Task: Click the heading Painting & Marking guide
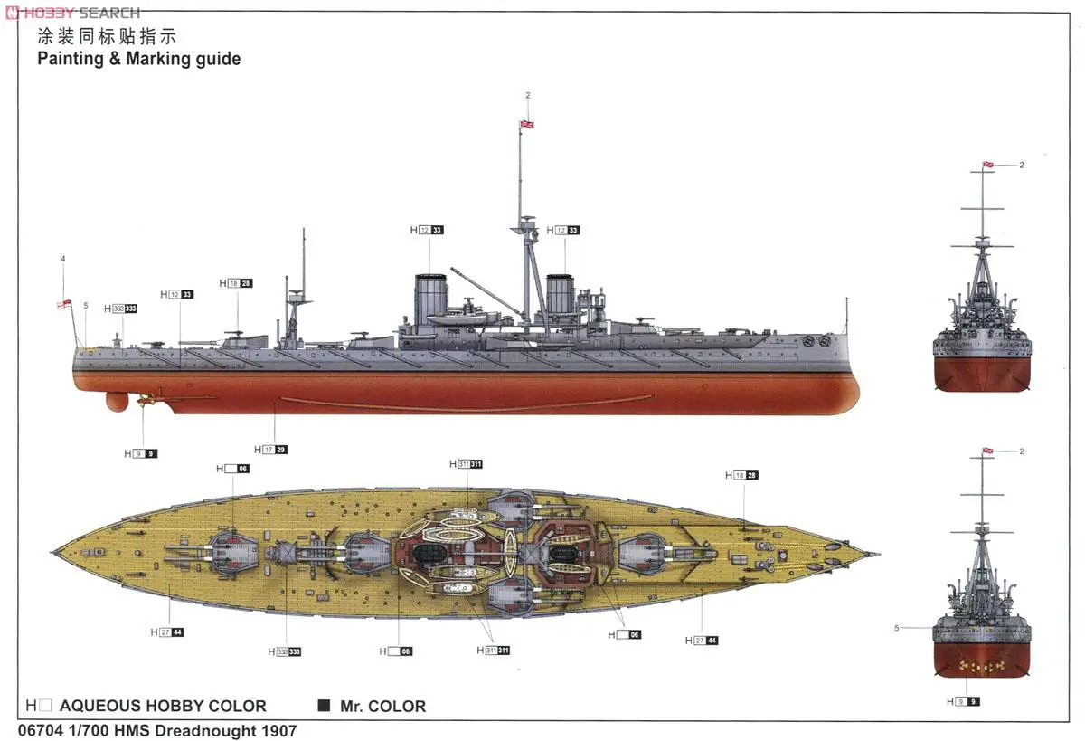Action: coord(138,59)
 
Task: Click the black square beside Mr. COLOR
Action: coord(324,706)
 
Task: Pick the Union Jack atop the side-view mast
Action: coord(524,124)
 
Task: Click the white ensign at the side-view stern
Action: coord(63,305)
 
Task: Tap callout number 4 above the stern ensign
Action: coord(63,259)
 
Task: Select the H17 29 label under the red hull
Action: coord(270,450)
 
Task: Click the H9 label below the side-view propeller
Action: coord(140,453)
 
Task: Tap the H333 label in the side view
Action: coord(120,309)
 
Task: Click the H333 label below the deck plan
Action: coord(284,651)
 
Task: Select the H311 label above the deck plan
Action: coord(466,464)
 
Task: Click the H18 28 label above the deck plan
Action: coord(741,475)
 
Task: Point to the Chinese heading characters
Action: coord(105,37)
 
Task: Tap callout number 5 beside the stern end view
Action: coord(897,627)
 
